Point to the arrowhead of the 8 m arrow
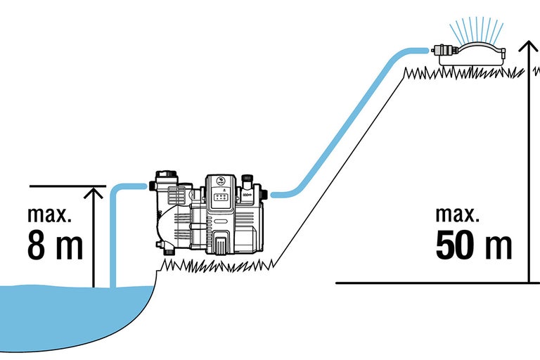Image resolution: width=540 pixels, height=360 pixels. [x=93, y=191]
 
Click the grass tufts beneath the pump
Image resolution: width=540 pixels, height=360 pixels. [x=218, y=265]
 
